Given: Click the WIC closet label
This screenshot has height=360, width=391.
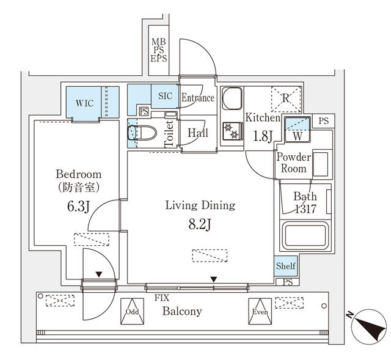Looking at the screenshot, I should tap(84, 103).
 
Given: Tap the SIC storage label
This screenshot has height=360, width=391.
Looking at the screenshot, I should tap(165, 96).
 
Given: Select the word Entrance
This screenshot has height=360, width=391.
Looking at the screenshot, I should tap(198, 98).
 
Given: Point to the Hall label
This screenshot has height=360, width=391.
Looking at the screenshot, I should tap(198, 133).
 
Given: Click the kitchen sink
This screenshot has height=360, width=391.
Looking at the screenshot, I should tap(232, 98).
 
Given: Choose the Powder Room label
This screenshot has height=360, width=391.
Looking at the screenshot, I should tap(294, 163).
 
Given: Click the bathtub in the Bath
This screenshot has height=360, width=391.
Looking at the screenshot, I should tap(305, 236).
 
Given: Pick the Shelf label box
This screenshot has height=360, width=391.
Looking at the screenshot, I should tap(285, 266).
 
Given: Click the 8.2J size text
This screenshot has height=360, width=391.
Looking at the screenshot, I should tap(200, 225).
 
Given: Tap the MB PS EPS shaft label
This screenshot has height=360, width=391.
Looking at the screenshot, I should tap(159, 51).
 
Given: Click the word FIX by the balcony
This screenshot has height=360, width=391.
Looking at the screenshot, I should tap(161, 298).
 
